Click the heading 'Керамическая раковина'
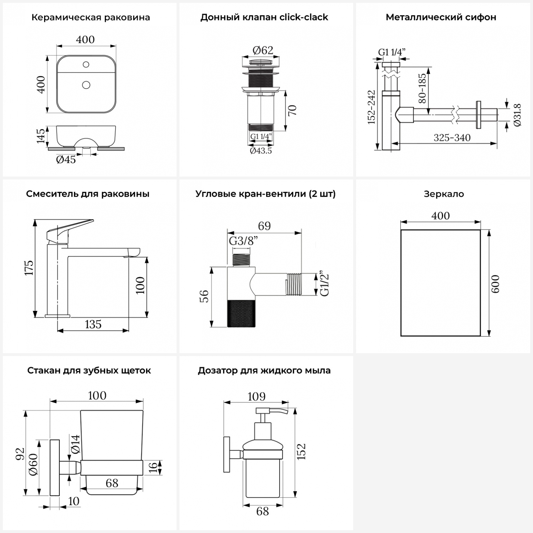pos(91,17)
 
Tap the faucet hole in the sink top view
pos(86,64)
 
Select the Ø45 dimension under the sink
pos(66,160)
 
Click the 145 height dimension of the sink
pos(41,136)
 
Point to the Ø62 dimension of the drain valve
pos(263,50)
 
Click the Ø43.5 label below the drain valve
pos(261,151)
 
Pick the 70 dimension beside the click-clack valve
pos(292,111)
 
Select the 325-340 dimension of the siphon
pos(452,138)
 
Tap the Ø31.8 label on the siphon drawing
pos(517,115)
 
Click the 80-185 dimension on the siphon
pos(422,88)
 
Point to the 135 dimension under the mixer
pos(93,324)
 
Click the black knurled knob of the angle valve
pos(241,313)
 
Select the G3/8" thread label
pos(243,241)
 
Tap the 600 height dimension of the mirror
pos(495,284)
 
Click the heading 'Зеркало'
pos(444,194)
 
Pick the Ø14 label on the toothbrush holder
pos(75,444)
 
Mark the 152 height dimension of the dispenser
pos(301,452)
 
